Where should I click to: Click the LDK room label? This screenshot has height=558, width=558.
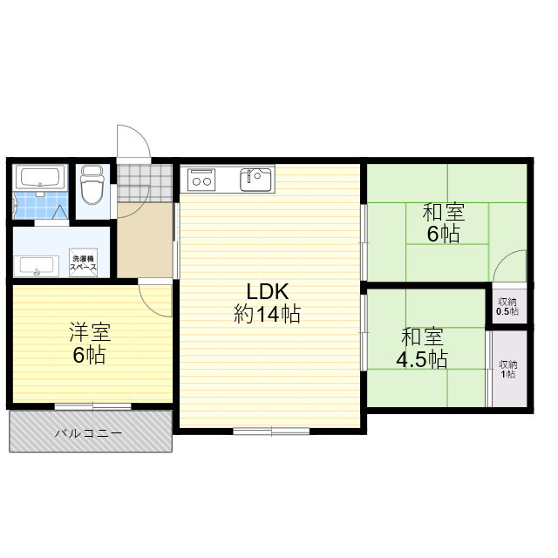268,292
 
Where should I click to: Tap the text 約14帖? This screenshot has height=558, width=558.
268,314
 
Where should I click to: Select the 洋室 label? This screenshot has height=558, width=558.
90,332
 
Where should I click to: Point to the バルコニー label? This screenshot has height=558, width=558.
88,433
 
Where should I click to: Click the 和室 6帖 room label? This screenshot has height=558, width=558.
444,223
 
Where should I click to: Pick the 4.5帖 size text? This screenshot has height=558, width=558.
422,359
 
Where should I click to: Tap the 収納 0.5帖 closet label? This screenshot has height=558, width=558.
507,307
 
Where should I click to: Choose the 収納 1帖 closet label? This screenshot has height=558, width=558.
507,369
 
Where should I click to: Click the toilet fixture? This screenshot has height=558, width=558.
92,185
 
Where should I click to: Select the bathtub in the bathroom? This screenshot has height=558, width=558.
40,177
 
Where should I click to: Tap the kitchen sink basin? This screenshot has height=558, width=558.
256,180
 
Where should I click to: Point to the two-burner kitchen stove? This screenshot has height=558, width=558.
201,180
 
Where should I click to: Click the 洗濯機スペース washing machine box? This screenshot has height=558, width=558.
84,262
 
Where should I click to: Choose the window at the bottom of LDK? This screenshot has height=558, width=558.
271,431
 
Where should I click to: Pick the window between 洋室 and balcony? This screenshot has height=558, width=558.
93,406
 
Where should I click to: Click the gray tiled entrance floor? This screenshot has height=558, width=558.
146,183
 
